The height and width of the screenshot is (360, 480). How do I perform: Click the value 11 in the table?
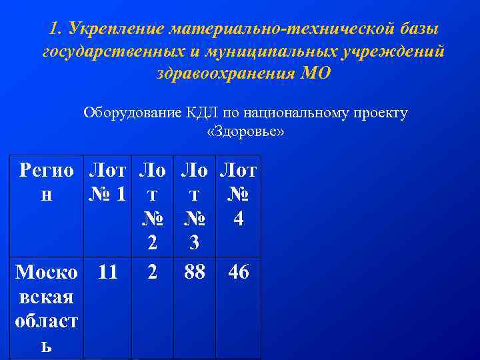(107, 272)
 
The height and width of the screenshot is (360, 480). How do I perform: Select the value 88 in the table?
(194, 272)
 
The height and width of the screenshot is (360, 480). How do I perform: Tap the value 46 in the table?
(239, 272)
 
